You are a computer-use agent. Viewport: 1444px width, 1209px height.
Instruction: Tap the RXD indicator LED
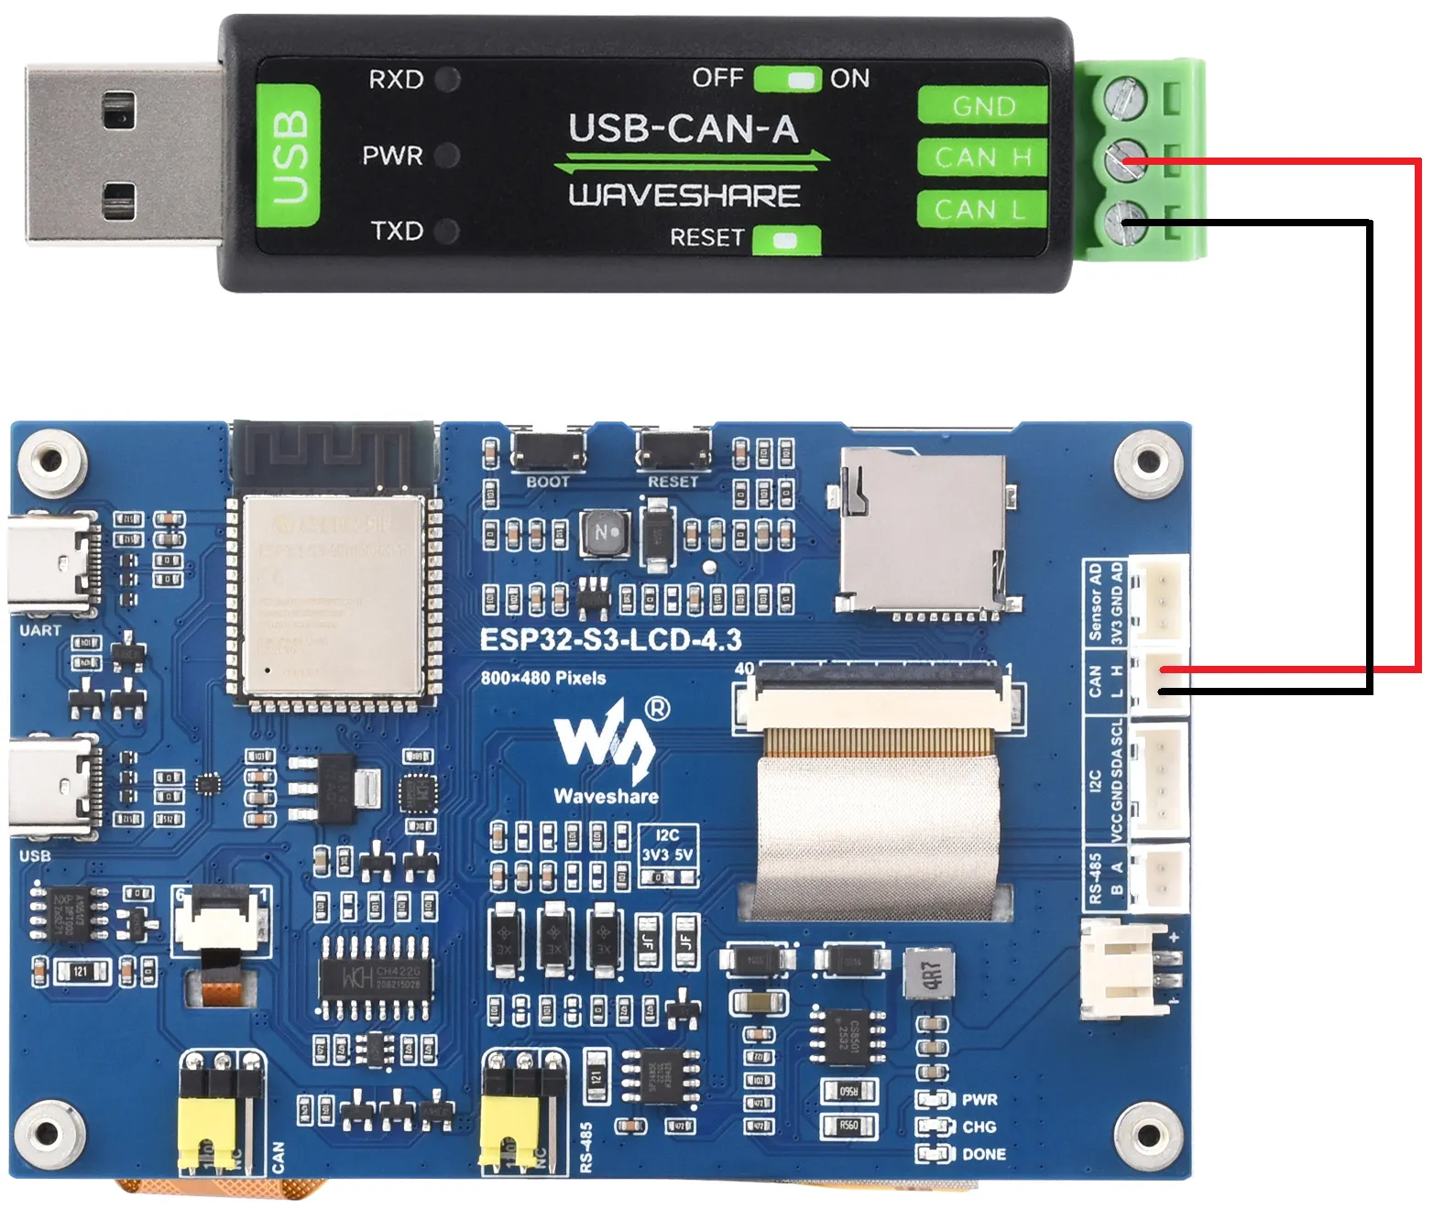(x=448, y=80)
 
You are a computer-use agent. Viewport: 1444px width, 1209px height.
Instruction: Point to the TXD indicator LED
(x=447, y=231)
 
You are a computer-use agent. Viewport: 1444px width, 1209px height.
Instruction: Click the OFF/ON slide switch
(x=788, y=79)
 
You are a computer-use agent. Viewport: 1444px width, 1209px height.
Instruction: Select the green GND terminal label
(x=983, y=105)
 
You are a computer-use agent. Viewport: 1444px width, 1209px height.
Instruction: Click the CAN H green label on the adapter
(x=983, y=158)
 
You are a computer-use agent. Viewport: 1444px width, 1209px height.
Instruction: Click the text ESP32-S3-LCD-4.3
(x=610, y=639)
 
